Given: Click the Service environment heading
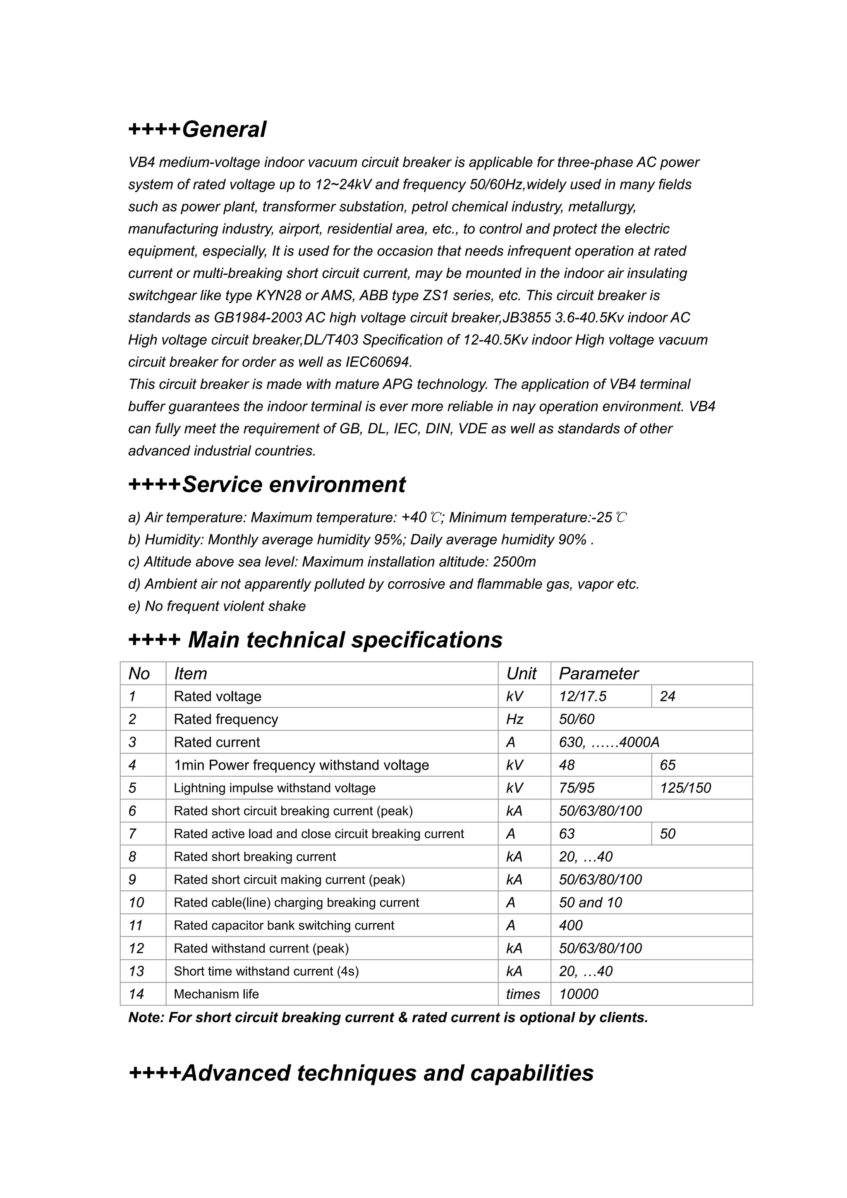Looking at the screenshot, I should pos(267,484).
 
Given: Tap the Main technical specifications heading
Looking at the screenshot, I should pos(315,640).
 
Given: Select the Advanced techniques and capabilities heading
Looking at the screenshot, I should pos(361,1073).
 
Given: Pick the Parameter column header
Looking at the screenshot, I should pos(598,674).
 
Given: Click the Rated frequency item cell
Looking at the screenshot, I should pos(225,719).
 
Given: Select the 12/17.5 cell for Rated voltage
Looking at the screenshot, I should pos(582,696).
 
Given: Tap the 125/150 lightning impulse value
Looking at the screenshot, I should pos(685,788).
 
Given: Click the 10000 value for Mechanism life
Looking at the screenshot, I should pos(578,994).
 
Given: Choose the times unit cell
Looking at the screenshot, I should pos(522,994).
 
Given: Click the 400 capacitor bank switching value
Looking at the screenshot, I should pos(570,925).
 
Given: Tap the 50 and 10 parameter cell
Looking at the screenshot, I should pos(590,902).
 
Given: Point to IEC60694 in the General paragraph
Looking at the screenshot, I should pos(378,362).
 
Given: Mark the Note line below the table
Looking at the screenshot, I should pos(388,1017).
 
